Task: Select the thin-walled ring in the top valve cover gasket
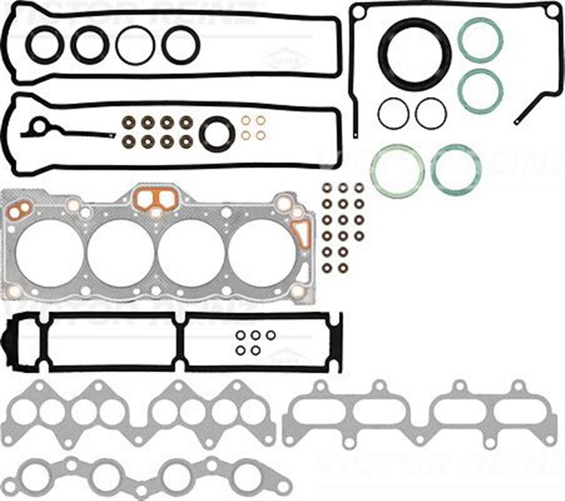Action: pos(135,44)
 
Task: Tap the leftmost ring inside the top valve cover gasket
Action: pos(44,44)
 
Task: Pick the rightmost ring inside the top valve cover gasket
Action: pos(180,44)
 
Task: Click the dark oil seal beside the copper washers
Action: pos(215,134)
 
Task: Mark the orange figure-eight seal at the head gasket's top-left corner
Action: pos(19,210)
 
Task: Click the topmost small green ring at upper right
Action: pos(481,40)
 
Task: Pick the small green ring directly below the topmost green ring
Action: pos(481,89)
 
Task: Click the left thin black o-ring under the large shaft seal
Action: pos(394,113)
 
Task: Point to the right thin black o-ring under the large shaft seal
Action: pos(431,113)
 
